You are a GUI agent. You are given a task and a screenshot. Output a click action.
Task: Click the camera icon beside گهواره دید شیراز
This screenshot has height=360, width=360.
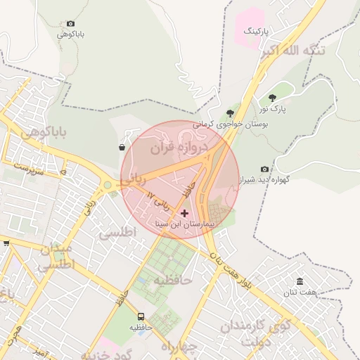264,169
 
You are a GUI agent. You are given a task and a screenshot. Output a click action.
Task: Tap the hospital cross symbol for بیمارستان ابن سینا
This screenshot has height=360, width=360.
184,213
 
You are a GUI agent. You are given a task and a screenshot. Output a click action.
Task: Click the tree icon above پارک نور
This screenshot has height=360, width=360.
272,98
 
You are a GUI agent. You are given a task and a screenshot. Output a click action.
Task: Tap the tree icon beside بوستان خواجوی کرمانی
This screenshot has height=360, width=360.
230,113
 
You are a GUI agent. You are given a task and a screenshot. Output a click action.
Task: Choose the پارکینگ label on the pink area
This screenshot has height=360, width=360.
257,32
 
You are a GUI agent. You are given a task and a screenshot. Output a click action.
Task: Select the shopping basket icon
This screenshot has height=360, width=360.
122,148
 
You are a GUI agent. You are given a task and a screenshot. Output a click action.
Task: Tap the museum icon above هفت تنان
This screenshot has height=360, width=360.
300,281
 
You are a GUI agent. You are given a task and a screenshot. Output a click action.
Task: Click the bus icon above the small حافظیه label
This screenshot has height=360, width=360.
141,317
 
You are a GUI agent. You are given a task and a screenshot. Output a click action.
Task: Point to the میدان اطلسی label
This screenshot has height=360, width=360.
55,258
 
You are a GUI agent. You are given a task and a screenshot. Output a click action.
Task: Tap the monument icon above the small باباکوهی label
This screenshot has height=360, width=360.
70,23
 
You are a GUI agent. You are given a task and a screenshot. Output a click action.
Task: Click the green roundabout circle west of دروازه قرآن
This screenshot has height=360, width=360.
107,186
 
